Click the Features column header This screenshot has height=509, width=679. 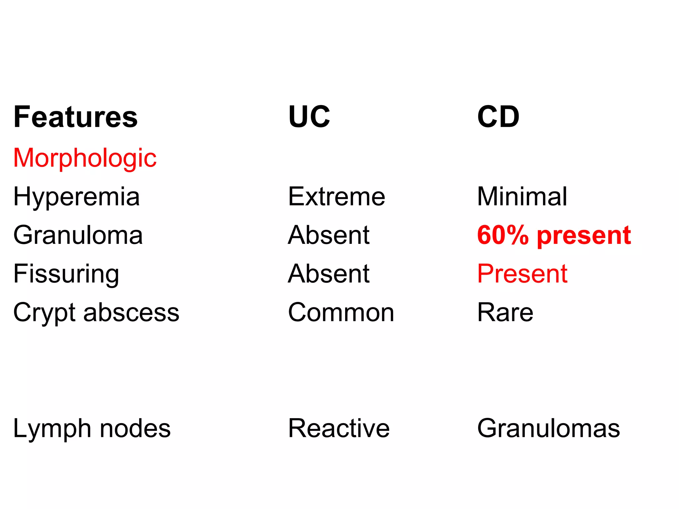point(76,117)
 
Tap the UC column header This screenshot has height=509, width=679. point(309,117)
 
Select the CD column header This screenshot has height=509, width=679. point(498,117)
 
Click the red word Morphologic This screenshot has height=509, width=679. point(85,158)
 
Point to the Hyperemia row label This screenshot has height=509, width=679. point(77,197)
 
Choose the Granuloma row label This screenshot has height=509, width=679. point(78,235)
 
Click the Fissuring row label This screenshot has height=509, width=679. point(66,274)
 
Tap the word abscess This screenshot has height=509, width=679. point(131,313)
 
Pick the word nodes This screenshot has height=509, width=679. point(135,429)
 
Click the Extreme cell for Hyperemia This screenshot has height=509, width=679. point(337,197)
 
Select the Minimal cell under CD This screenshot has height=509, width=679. point(522,197)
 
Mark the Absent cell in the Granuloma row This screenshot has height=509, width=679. point(329,235)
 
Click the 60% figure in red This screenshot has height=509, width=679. point(503,235)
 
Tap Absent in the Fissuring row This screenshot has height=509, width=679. point(329,274)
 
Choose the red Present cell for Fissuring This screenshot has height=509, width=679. point(523,274)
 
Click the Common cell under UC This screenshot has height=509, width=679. point(341,313)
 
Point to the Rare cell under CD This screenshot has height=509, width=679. point(505,313)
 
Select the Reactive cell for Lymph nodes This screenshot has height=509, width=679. point(339,429)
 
